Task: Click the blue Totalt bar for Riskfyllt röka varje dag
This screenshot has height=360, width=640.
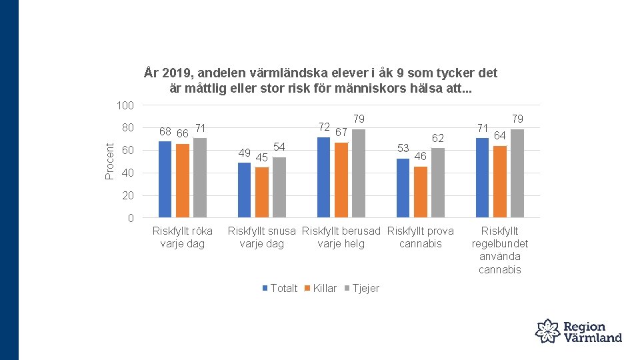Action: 165,179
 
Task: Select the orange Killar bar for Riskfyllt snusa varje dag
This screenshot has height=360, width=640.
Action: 261,192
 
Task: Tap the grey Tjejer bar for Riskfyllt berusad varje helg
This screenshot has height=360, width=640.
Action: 359,173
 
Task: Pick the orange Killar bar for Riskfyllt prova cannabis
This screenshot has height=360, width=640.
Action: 420,191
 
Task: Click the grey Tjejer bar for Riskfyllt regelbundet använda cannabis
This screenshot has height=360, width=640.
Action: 517,173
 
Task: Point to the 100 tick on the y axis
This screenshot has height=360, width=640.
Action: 125,106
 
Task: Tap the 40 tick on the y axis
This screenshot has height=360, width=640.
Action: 128,173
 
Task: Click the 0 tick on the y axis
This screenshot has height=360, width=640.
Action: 131,218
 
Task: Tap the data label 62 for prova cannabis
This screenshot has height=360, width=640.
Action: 437,139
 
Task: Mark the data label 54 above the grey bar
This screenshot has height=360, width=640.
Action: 279,147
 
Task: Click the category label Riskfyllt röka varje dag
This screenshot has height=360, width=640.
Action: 182,237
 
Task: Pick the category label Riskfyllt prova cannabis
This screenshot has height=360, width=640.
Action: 420,237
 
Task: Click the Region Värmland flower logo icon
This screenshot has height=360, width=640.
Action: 547,331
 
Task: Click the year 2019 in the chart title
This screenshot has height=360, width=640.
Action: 175,73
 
